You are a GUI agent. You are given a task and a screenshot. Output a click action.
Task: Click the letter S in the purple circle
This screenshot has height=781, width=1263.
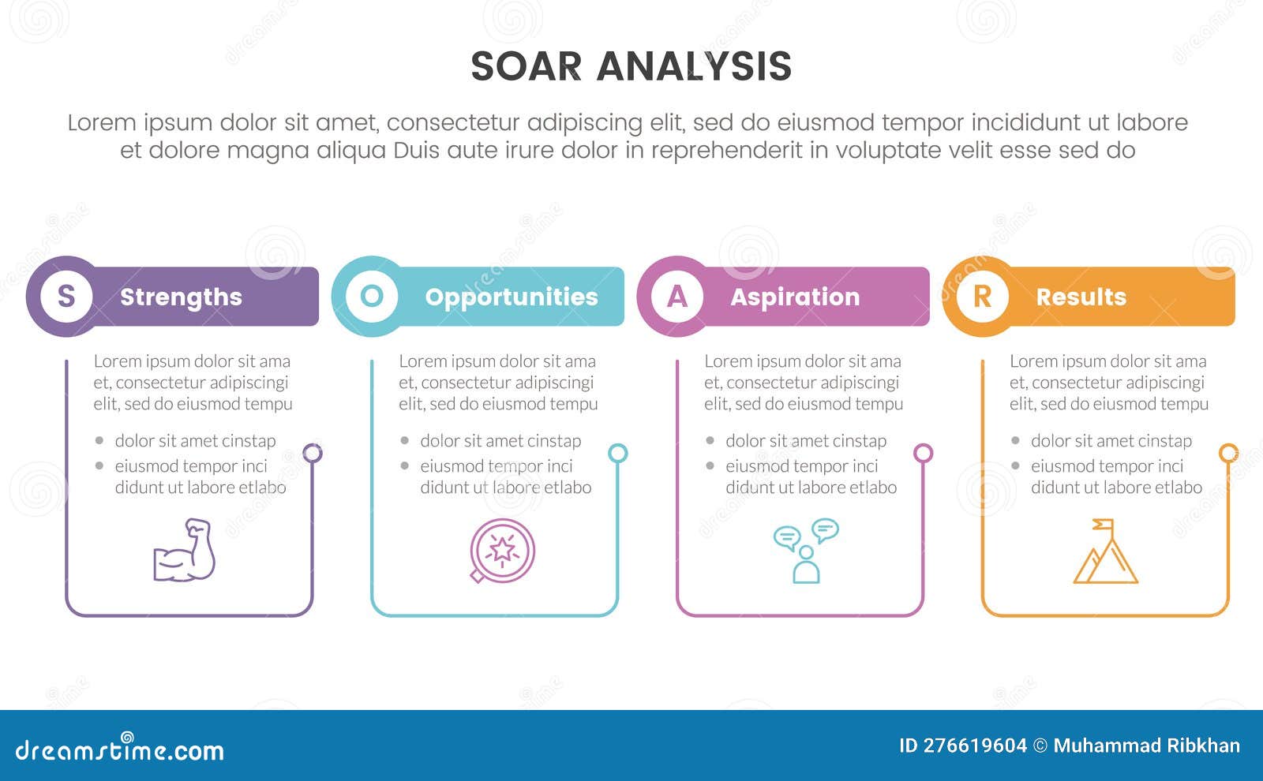click(66, 297)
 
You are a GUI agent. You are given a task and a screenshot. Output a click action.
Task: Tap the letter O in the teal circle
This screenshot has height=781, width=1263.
click(372, 297)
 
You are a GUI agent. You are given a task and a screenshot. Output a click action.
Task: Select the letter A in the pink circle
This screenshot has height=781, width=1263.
click(677, 297)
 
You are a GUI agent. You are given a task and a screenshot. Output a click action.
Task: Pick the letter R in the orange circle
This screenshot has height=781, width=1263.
click(982, 297)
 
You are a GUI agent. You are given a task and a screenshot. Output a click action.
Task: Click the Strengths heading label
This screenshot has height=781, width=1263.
click(181, 297)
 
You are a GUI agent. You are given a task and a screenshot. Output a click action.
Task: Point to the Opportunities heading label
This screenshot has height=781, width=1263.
click(512, 297)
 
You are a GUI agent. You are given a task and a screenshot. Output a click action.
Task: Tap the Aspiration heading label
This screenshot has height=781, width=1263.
click(795, 297)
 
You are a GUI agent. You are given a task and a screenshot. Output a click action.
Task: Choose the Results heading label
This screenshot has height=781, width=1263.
click(1081, 297)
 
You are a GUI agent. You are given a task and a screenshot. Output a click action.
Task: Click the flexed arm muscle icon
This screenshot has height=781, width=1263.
click(185, 551)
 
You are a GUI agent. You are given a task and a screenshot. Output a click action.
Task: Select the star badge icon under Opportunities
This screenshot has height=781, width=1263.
click(502, 551)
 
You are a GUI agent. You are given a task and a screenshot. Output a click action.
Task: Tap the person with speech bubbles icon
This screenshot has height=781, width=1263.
click(805, 551)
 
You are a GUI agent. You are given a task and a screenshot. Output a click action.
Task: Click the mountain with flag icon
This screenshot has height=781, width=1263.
click(1105, 552)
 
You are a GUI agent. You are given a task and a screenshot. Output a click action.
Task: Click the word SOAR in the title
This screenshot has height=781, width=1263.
click(526, 66)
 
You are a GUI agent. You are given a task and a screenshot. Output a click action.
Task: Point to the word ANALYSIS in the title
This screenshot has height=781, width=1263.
click(694, 66)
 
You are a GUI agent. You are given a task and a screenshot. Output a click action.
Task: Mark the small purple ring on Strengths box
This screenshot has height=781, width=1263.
click(313, 453)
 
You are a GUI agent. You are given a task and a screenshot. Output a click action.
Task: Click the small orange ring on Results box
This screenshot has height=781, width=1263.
click(1228, 453)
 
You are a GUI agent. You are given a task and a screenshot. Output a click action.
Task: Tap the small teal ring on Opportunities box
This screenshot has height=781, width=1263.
click(618, 453)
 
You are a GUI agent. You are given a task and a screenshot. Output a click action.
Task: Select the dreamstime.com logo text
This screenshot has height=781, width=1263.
click(120, 749)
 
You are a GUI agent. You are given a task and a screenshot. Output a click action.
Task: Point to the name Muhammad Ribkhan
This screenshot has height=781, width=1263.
click(1146, 745)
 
